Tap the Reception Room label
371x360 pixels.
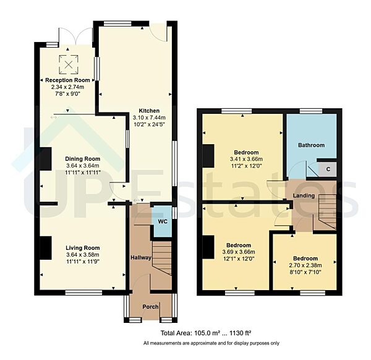tap(67, 80)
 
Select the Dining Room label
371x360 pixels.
tap(83, 158)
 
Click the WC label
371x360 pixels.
tap(162, 221)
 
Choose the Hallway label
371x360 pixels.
tap(140, 257)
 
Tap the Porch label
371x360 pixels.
tap(150, 306)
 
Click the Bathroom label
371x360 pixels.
tap(310, 145)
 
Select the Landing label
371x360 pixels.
tap(304, 196)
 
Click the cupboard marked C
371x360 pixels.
tap(328, 169)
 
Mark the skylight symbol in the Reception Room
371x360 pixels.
tap(69, 63)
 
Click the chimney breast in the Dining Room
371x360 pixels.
tap(45, 158)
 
